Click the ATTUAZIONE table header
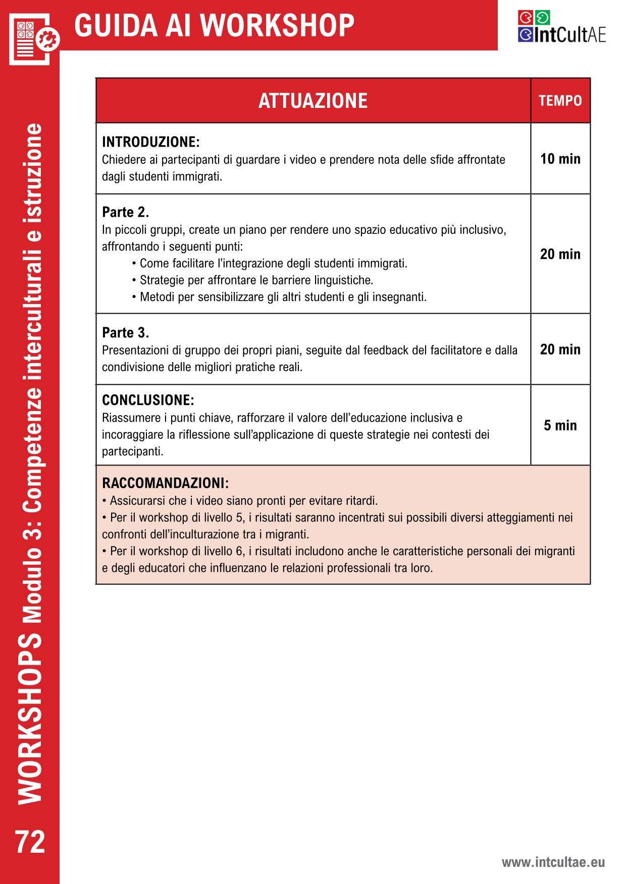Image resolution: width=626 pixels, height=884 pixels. [312, 101]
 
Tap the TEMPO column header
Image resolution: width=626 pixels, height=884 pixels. [560, 101]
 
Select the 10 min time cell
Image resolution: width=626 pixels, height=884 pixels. [560, 159]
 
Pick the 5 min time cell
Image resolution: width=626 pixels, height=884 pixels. [560, 426]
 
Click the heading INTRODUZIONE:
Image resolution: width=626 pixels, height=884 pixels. [150, 142]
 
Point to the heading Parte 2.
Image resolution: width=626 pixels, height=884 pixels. [125, 212]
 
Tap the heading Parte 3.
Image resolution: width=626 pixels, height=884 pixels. [125, 333]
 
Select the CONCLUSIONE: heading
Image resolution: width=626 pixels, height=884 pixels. [148, 400]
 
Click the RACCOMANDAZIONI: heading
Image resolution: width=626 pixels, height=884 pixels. [165, 483]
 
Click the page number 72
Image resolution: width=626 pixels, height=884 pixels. [30, 843]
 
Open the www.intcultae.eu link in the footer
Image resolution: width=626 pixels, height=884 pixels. [553, 862]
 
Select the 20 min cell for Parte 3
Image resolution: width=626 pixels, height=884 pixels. [560, 349]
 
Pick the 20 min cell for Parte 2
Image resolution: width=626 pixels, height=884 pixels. [560, 254]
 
